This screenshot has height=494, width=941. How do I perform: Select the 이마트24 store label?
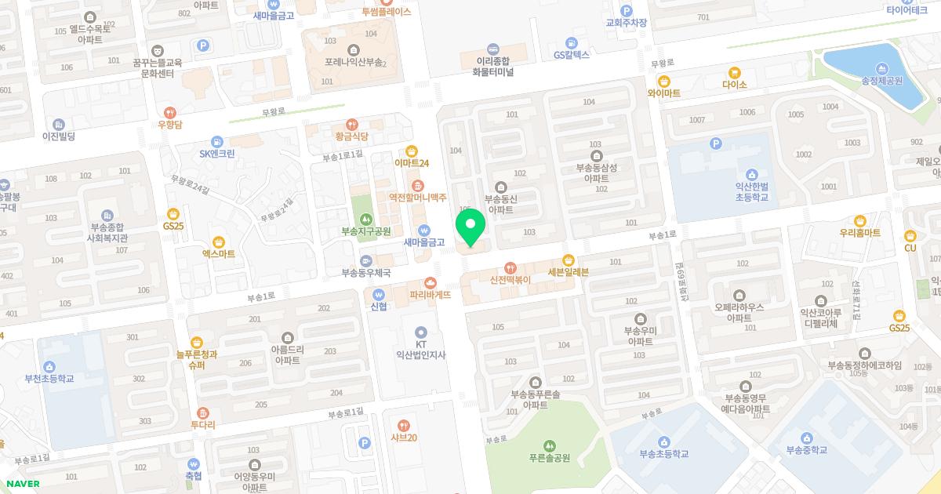412,162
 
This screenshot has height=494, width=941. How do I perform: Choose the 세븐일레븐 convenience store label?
569,271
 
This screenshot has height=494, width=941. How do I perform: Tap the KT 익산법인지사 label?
421,349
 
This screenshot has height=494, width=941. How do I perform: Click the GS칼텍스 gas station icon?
572,43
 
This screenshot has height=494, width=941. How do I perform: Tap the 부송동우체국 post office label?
365,273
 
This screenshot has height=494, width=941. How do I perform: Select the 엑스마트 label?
219,254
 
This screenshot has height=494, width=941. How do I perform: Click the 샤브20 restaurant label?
403,437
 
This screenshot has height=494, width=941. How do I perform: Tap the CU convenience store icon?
910,235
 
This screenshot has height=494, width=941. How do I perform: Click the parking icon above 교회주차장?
626,10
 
